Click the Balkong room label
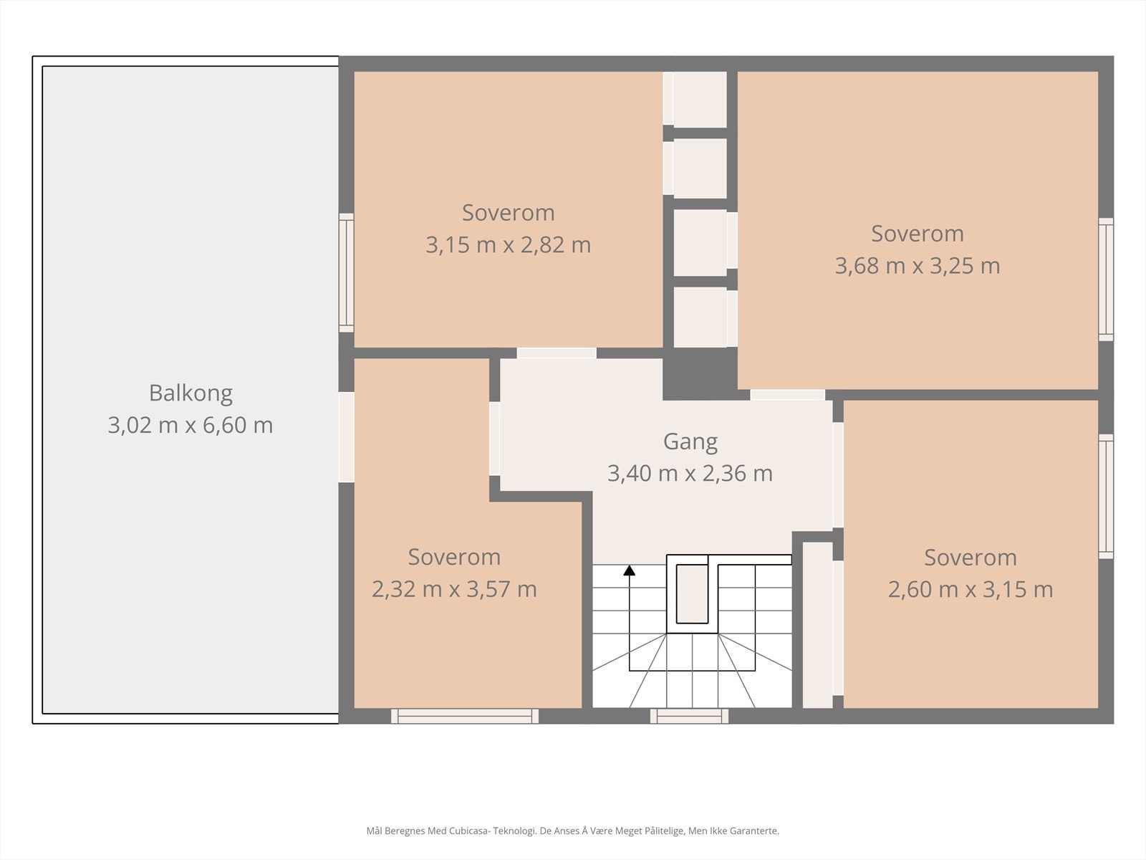pyautogui.click(x=191, y=393)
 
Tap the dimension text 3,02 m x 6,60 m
pyautogui.click(x=190, y=425)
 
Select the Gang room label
pyautogui.click(x=690, y=442)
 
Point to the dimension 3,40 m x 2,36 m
pyautogui.click(x=690, y=474)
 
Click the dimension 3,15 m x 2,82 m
pyautogui.click(x=508, y=245)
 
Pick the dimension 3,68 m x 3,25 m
pyautogui.click(x=918, y=266)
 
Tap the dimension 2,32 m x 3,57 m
pyautogui.click(x=454, y=589)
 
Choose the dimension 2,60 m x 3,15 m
pyautogui.click(x=971, y=590)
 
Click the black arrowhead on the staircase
pyautogui.click(x=629, y=570)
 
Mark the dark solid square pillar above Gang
pyautogui.click(x=700, y=374)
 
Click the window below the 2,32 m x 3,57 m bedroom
pyautogui.click(x=465, y=716)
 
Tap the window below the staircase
pyautogui.click(x=689, y=716)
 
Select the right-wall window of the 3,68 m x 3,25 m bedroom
pyautogui.click(x=1106, y=279)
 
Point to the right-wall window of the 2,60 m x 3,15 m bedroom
pyautogui.click(x=1106, y=496)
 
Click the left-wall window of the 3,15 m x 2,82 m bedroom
pyautogui.click(x=346, y=272)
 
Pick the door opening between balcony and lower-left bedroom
pyautogui.click(x=346, y=437)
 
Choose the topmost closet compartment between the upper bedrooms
pyautogui.click(x=700, y=99)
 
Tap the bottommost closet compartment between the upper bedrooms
pyautogui.click(x=700, y=317)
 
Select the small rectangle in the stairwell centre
pyautogui.click(x=693, y=593)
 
